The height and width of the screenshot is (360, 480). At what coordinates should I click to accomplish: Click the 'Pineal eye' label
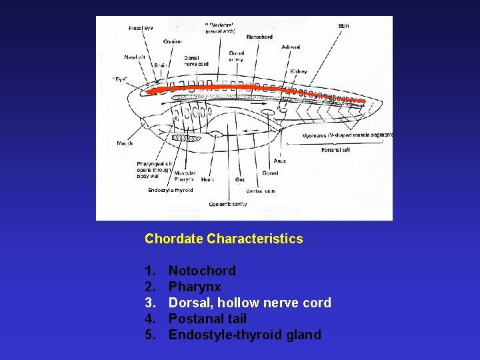tap(141, 28)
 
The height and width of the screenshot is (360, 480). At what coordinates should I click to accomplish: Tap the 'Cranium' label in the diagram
tap(173, 41)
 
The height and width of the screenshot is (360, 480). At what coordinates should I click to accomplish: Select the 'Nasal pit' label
tap(135, 57)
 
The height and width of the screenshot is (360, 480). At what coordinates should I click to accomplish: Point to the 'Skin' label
tap(343, 26)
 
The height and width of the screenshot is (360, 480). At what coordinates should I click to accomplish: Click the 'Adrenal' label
tap(291, 47)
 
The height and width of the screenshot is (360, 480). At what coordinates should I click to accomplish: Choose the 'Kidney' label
tap(298, 71)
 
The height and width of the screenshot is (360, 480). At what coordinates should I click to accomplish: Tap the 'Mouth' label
tap(125, 143)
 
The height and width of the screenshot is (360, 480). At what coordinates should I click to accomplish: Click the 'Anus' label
tap(280, 161)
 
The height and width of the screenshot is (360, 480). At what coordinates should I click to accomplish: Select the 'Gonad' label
tap(270, 173)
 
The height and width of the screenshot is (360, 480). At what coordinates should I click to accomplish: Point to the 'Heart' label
tap(207, 179)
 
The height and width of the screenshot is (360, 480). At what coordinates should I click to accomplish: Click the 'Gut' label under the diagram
tap(240, 179)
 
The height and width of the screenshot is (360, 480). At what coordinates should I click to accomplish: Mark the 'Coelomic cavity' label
tap(228, 204)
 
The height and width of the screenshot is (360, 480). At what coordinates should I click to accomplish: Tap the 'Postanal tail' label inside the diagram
tap(335, 150)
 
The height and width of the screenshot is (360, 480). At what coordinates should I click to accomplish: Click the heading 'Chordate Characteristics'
tap(223, 239)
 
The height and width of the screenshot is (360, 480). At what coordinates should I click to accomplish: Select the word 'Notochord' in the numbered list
tap(202, 271)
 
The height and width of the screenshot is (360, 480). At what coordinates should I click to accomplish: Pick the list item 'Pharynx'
tap(195, 287)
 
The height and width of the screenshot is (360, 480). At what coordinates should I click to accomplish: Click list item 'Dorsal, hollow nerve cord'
tap(249, 303)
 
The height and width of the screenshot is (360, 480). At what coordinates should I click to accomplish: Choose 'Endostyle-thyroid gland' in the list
tap(245, 335)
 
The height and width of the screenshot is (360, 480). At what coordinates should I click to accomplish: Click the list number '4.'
tap(150, 319)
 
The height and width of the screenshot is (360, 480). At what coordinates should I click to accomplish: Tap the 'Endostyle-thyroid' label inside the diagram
tap(171, 190)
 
